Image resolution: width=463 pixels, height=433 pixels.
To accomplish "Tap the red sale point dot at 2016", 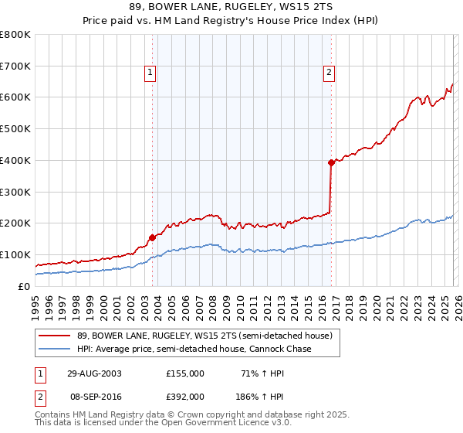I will click(331, 162).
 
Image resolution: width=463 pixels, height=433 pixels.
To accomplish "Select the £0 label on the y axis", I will click(23, 286).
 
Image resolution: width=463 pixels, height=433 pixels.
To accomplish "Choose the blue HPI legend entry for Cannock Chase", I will click(194, 349).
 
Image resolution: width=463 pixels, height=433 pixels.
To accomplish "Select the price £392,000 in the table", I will click(185, 394).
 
